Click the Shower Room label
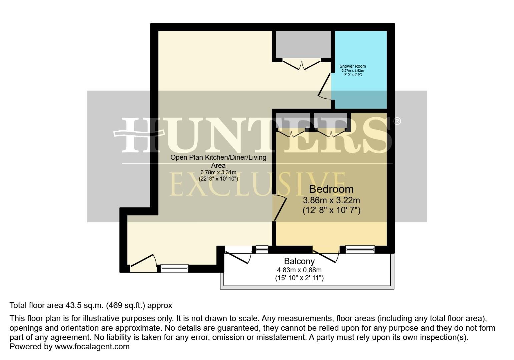coord(352,66)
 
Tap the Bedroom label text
coord(331,189)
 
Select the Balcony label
coord(299,261)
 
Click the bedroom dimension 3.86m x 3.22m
coord(331,200)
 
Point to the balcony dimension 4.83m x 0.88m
coord(299,270)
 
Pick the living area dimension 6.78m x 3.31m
coord(218,172)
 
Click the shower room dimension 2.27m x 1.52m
coord(352,71)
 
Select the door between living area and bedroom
coord(280,209)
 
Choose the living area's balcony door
coord(238,257)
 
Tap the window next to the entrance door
coord(174,268)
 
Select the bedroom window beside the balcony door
coord(360,249)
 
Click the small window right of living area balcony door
coord(262,249)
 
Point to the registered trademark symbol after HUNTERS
coord(397,121)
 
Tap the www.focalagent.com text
coord(92,346)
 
